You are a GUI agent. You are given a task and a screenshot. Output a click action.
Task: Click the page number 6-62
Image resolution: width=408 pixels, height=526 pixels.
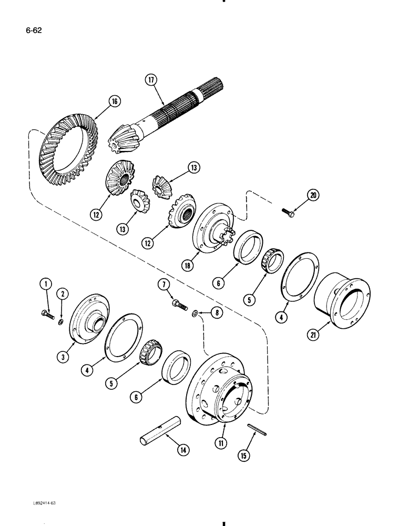pyautogui.click(x=33, y=30)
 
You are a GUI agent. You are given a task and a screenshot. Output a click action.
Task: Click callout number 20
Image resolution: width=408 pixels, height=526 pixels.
pyautogui.click(x=314, y=196)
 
